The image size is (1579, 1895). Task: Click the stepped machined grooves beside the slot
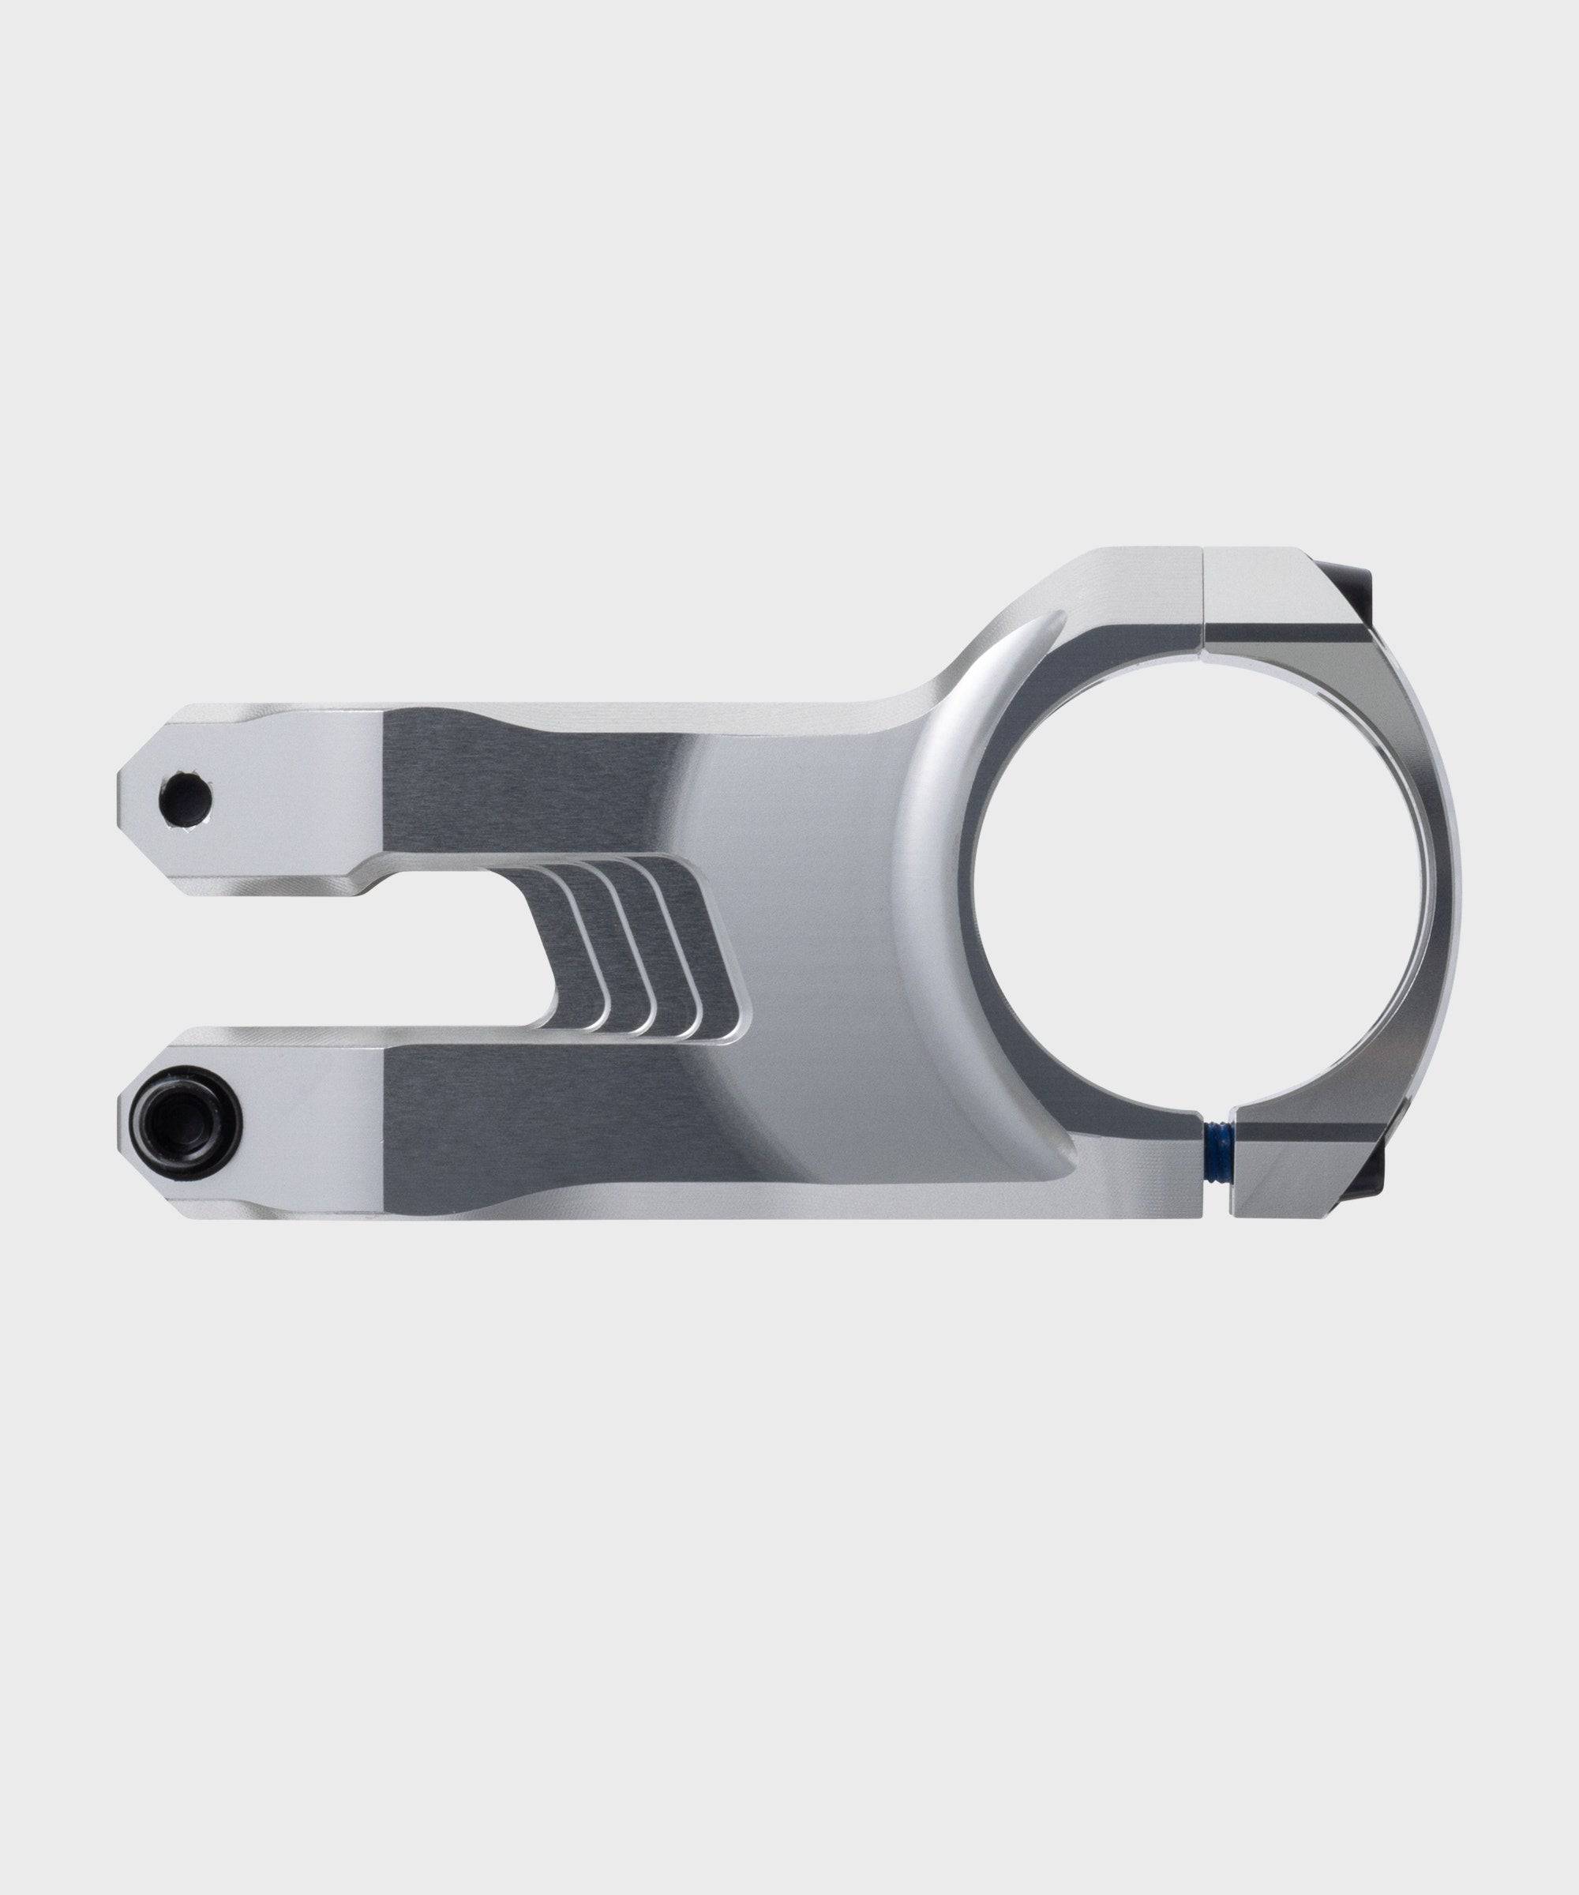pos(632,947)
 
